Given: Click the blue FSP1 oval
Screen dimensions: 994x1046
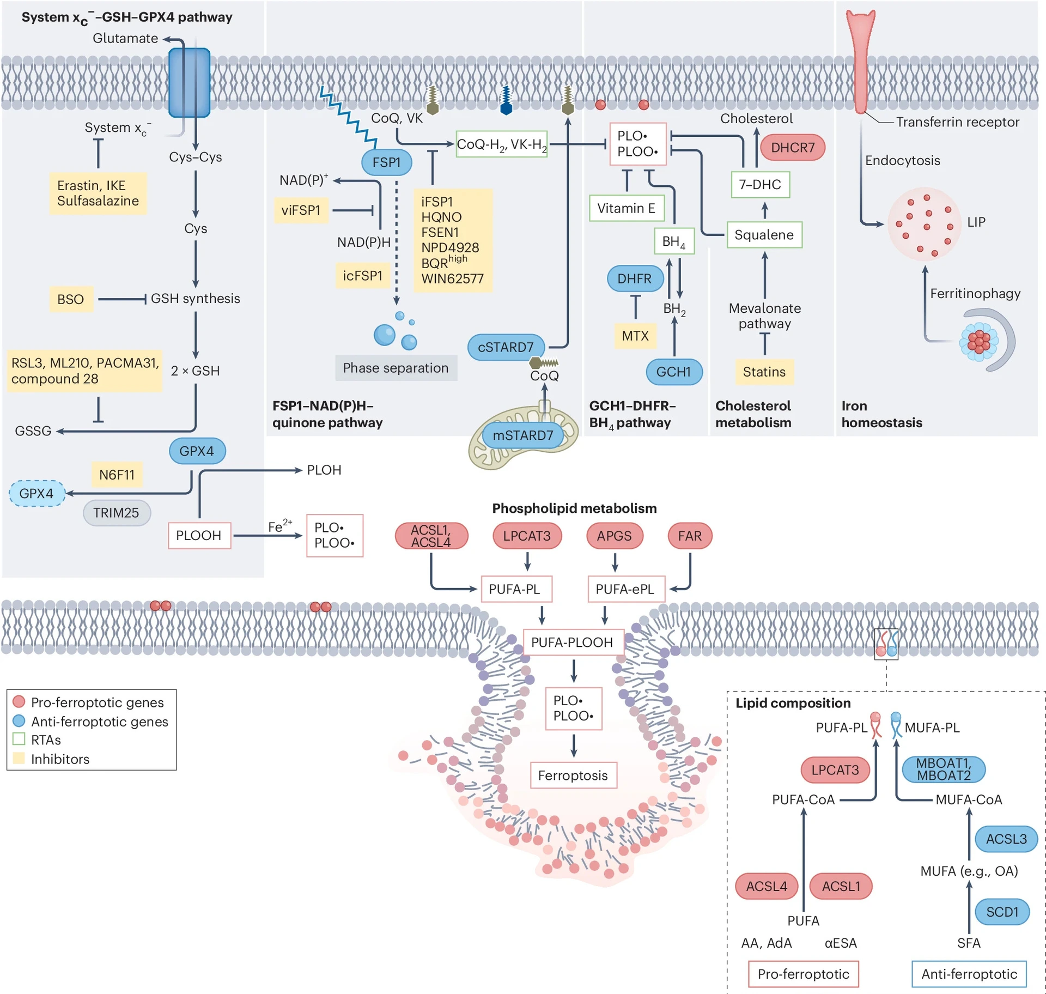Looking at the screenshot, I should pyautogui.click(x=386, y=162).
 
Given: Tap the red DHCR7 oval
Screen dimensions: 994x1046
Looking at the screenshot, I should pyautogui.click(x=792, y=148).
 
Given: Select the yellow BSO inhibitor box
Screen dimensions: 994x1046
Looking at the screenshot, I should pyautogui.click(x=71, y=299).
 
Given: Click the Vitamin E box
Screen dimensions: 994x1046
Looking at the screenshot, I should pyautogui.click(x=626, y=208).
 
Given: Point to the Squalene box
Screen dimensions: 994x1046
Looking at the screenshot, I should pyautogui.click(x=764, y=235).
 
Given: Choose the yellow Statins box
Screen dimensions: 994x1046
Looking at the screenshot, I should pyautogui.click(x=764, y=372).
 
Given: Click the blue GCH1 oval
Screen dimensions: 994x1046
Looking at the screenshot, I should pyautogui.click(x=673, y=372).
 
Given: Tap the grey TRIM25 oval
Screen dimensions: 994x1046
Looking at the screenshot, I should pyautogui.click(x=116, y=513).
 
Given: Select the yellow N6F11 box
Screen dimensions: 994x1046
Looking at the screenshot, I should pyautogui.click(x=117, y=475).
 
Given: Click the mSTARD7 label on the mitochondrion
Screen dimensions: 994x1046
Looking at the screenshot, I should pyautogui.click(x=522, y=435).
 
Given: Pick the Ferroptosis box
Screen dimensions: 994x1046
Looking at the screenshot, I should pyautogui.click(x=573, y=775).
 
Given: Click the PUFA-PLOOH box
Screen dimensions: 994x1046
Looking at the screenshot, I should pyautogui.click(x=571, y=643).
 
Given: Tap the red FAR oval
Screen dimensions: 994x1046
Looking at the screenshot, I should pyautogui.click(x=689, y=536).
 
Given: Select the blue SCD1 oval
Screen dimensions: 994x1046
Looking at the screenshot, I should pyautogui.click(x=1001, y=912).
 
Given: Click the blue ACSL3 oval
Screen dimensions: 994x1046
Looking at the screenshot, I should pyautogui.click(x=1006, y=839).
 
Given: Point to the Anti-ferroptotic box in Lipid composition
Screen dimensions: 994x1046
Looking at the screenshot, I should pyautogui.click(x=969, y=974).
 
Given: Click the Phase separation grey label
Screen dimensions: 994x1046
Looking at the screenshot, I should pyautogui.click(x=396, y=368).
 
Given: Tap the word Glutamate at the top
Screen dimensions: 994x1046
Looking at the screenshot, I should pyautogui.click(x=125, y=38).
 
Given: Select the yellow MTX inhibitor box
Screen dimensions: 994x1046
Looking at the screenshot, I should pyautogui.click(x=635, y=336).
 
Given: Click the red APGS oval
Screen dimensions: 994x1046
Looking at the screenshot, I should pyautogui.click(x=614, y=536).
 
